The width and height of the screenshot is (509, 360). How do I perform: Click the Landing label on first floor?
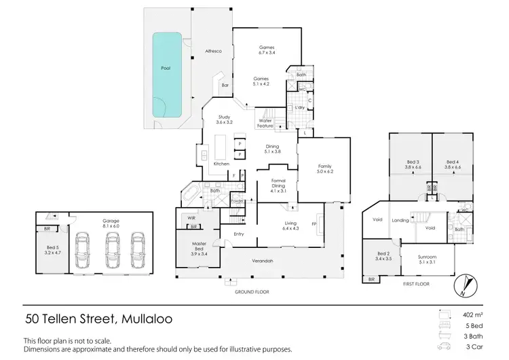point(400,219)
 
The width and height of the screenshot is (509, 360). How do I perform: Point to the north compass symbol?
point(463,285)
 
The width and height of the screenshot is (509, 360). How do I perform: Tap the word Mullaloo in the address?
point(151,318)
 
